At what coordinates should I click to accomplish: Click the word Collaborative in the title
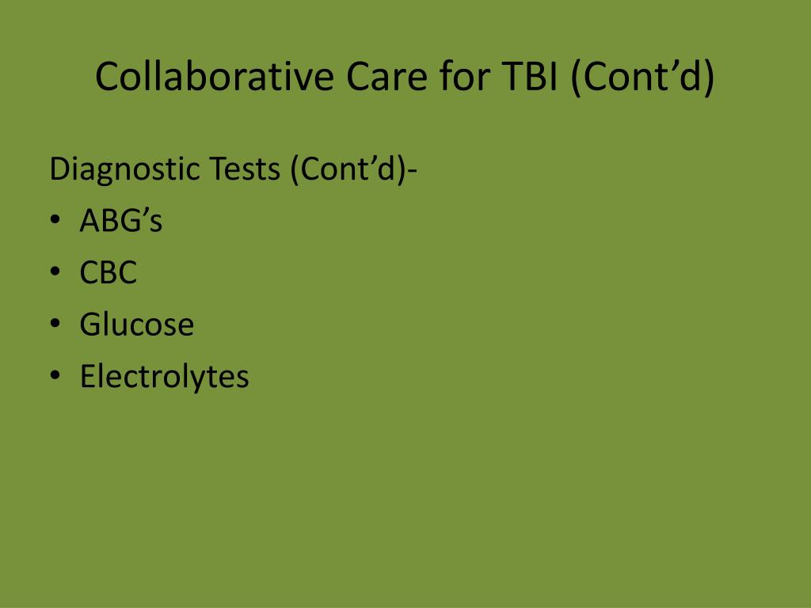pos(214,76)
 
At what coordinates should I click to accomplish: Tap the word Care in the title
pos(386,77)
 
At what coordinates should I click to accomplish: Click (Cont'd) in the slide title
pos(642,77)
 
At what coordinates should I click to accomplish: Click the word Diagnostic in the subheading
pos(124,169)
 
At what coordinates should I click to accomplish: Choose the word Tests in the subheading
pos(245,169)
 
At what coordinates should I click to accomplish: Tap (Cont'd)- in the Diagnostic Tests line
pos(353,169)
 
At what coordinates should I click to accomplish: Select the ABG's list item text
pos(121,220)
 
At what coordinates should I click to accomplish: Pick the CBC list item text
pos(108,272)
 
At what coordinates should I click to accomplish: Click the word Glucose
pos(136,324)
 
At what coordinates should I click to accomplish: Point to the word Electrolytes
pos(164,375)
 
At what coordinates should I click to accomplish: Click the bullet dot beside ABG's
pos(55,219)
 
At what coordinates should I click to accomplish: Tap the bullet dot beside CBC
pos(55,271)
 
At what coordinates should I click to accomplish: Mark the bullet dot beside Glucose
pos(55,323)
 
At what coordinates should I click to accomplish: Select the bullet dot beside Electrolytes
pos(55,374)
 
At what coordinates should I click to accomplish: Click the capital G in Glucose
pos(90,324)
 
